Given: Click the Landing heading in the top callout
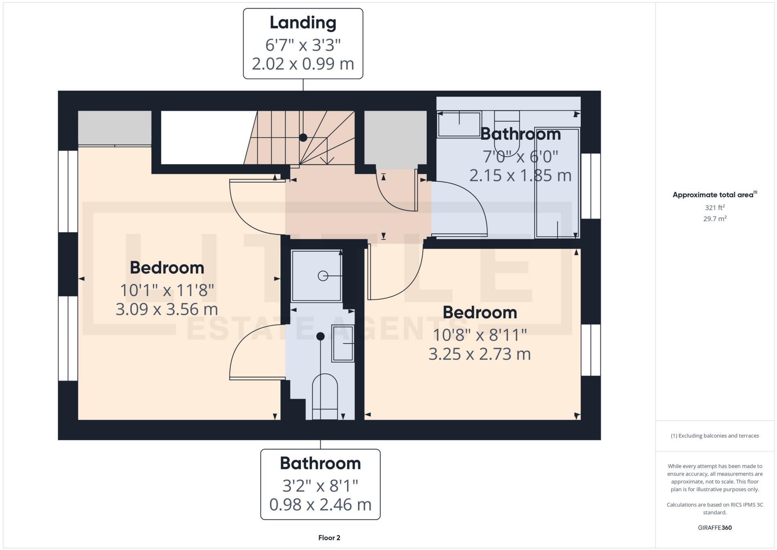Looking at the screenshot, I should pos(303,23).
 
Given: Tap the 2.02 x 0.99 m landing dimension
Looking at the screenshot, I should pos(303,64).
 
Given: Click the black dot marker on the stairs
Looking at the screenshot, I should pos(303,137).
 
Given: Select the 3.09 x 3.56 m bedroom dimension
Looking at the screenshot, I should pos(167,310).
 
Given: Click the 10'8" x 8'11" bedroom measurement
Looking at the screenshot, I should pos(480,335).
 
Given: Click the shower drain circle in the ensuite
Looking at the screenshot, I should pos(323,276).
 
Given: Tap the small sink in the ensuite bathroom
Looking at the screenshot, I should pos(343,343).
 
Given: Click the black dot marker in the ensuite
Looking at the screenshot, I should pos(320,336).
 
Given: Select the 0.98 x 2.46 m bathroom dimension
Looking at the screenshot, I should pos(320,505).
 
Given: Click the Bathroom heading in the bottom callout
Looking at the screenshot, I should pos(320,463).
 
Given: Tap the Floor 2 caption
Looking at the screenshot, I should pos(329,538).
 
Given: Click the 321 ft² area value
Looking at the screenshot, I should pos(715,208).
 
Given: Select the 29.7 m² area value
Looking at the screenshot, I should pos(715,219).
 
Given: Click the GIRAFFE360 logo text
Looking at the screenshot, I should pos(715,528).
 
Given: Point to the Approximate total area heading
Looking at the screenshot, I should pos(713,195).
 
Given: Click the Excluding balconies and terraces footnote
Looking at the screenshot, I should pos(715,436).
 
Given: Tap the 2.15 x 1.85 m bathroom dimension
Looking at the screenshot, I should pos(520,175).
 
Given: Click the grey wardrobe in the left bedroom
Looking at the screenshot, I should pos(115,127).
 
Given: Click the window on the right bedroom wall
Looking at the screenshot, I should pos(591,350).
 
